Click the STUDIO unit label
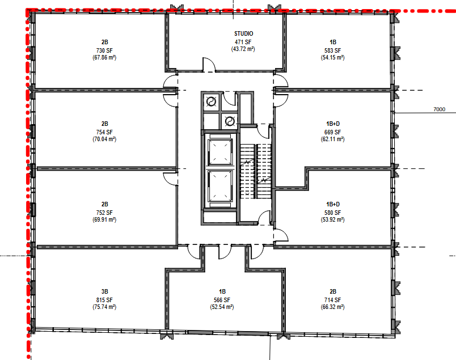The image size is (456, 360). pyautogui.click(x=244, y=33)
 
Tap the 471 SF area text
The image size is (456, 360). pyautogui.click(x=243, y=42)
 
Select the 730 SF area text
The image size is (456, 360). pyautogui.click(x=104, y=50)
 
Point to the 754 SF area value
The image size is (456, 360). pyautogui.click(x=104, y=132)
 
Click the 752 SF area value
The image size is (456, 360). pyautogui.click(x=104, y=213)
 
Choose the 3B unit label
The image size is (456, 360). pyautogui.click(x=105, y=291)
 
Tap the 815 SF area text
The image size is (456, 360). pyautogui.click(x=104, y=300)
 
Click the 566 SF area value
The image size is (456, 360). pyautogui.click(x=222, y=300)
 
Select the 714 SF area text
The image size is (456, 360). pyautogui.click(x=333, y=300)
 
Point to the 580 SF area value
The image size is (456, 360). pyautogui.click(x=333, y=213)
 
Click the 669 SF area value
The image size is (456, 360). pyautogui.click(x=333, y=132)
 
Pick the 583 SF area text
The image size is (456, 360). pyautogui.click(x=333, y=50)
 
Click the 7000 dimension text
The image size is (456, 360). pyautogui.click(x=440, y=109)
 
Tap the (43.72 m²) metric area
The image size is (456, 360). pyautogui.click(x=243, y=49)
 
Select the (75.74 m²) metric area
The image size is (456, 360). pyautogui.click(x=104, y=307)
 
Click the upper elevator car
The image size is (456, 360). pyautogui.click(x=221, y=151)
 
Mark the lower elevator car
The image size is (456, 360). pyautogui.click(x=221, y=186)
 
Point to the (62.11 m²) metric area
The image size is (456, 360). pyautogui.click(x=333, y=139)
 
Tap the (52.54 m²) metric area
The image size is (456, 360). pyautogui.click(x=222, y=307)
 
